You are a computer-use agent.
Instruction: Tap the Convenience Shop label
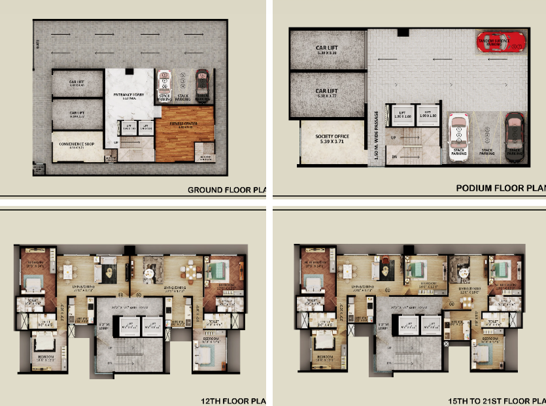pyautogui.click(x=77, y=144)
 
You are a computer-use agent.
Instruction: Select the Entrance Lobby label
pyautogui.click(x=129, y=96)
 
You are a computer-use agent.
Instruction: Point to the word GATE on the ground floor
pyautogui.click(x=39, y=44)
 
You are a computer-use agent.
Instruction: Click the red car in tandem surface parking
pyautogui.click(x=500, y=41)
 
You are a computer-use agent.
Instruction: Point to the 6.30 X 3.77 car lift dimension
pyautogui.click(x=326, y=95)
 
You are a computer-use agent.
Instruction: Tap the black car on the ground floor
pyautogui.click(x=203, y=83)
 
